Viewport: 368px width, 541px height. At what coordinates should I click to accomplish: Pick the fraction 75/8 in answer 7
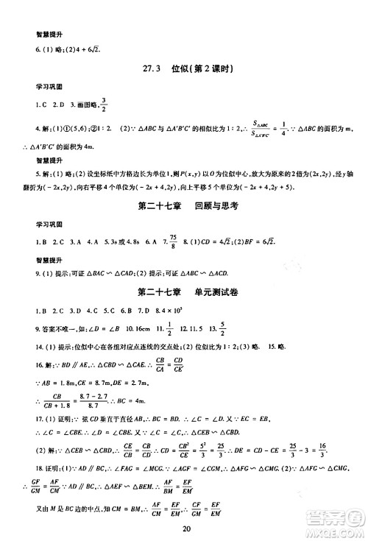coord(187,241)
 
